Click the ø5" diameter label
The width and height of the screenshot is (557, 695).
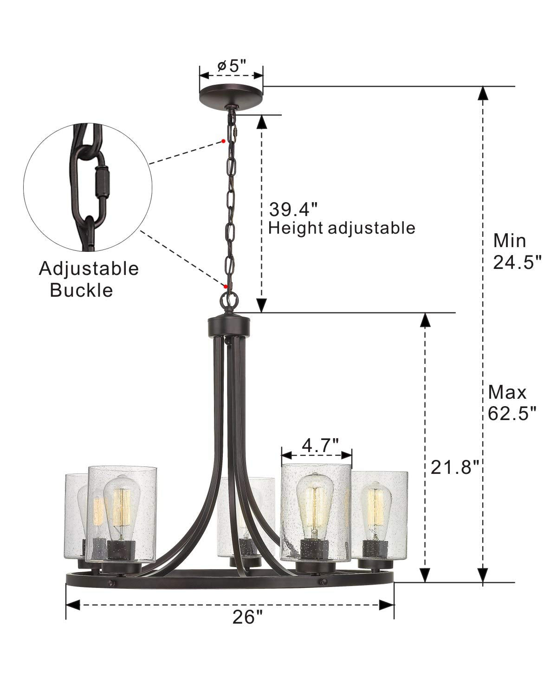pos(232,66)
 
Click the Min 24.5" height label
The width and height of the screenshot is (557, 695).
pos(517,251)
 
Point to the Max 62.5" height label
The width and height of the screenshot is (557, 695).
pos(512,402)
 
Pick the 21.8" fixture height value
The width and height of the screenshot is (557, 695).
pos(454,467)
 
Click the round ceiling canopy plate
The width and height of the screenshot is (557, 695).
pos(231,94)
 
